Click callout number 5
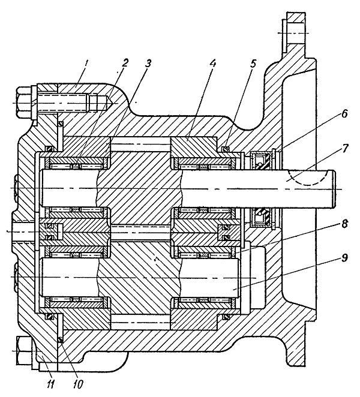click(x=253, y=64)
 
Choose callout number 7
click(x=344, y=149)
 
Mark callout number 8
click(x=344, y=224)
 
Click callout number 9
click(x=344, y=258)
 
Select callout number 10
click(x=78, y=384)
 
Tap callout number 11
click(x=50, y=384)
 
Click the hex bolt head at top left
click(x=25, y=103)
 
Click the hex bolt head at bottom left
click(x=23, y=351)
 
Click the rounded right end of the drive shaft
click(x=334, y=189)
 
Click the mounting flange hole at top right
click(x=295, y=33)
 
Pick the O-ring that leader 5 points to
click(x=225, y=148)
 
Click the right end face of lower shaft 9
click(x=240, y=278)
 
